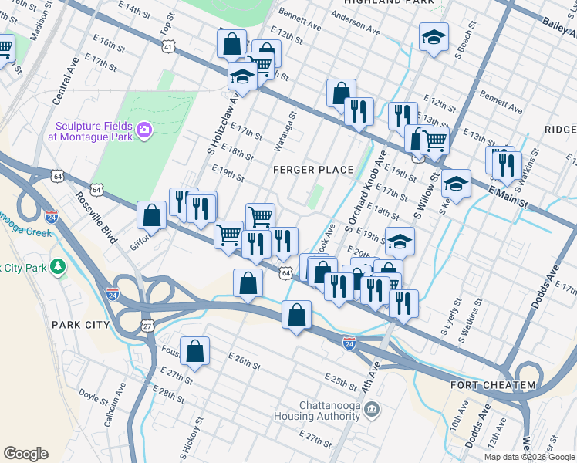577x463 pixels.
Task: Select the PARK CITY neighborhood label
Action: coord(81,325)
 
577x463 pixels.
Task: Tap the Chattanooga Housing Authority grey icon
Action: coord(373,408)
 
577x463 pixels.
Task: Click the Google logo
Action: coord(25,454)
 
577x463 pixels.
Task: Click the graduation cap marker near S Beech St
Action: coord(434,36)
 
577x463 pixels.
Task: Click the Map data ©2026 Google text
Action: coord(529,457)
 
